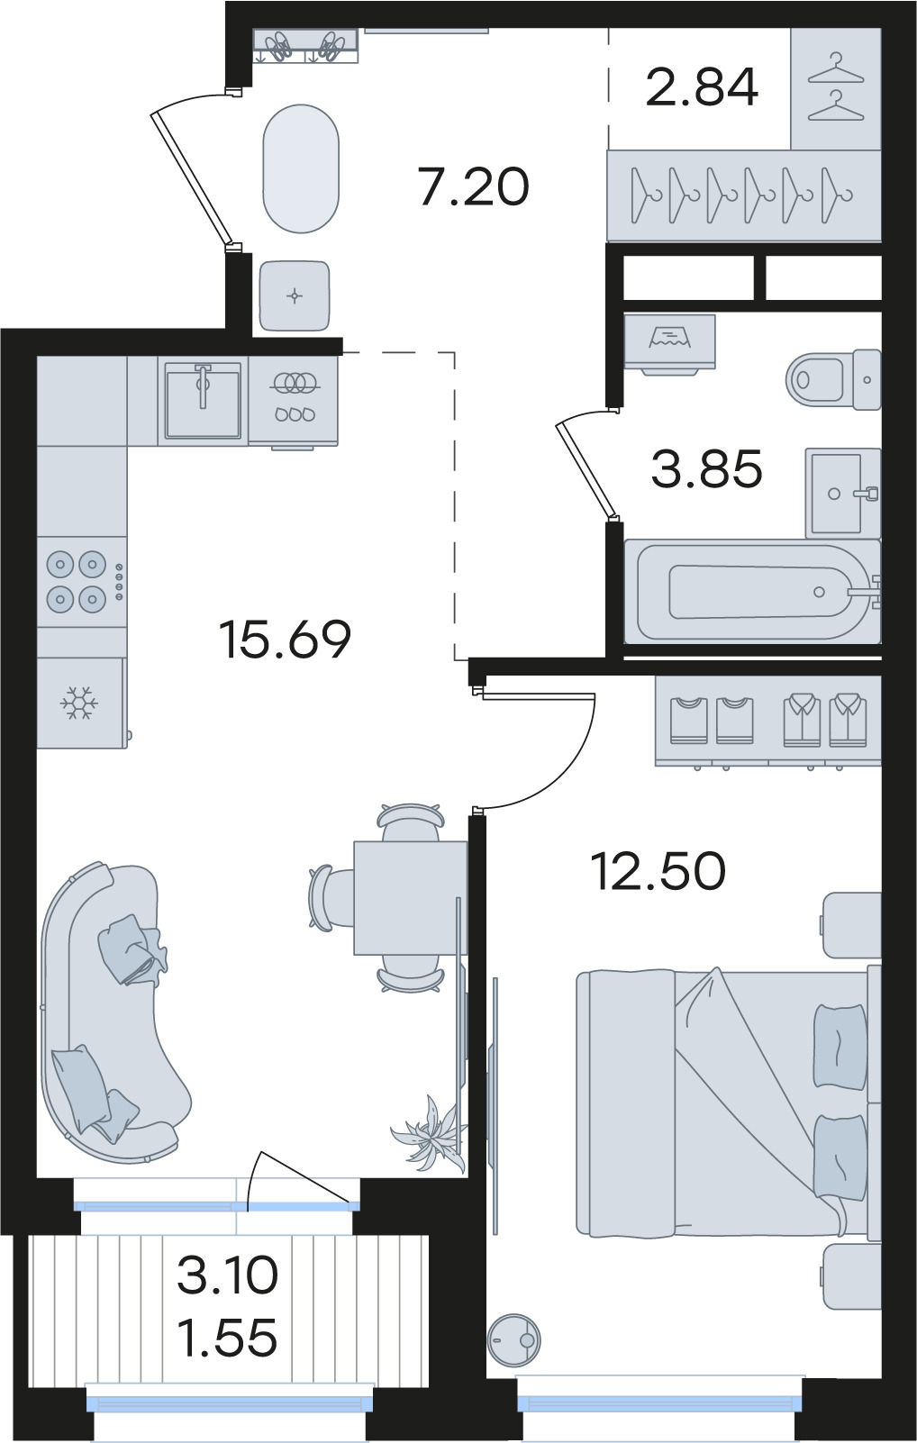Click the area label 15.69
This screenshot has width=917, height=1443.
tap(285, 639)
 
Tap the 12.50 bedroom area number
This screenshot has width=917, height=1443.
tap(658, 871)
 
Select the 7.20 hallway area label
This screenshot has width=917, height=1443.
tap(474, 186)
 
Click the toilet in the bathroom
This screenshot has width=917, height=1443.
tap(833, 379)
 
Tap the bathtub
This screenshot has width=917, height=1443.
tap(752, 591)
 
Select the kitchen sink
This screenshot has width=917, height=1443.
tap(203, 399)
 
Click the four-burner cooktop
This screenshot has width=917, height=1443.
tap(82, 581)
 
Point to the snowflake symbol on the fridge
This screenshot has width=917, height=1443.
tap(78, 703)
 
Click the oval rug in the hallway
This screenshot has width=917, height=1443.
tap(301, 168)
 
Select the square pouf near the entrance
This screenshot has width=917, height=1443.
tap(295, 295)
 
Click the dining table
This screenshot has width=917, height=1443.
tap(411, 897)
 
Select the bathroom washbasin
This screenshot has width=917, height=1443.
tap(843, 494)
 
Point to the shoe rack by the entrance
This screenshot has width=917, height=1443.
tap(304, 46)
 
